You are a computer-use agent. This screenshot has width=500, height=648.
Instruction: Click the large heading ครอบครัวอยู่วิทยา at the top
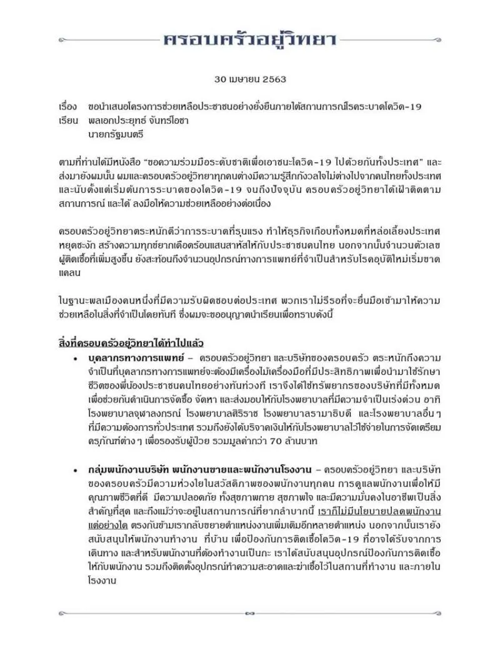[x=250, y=40]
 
